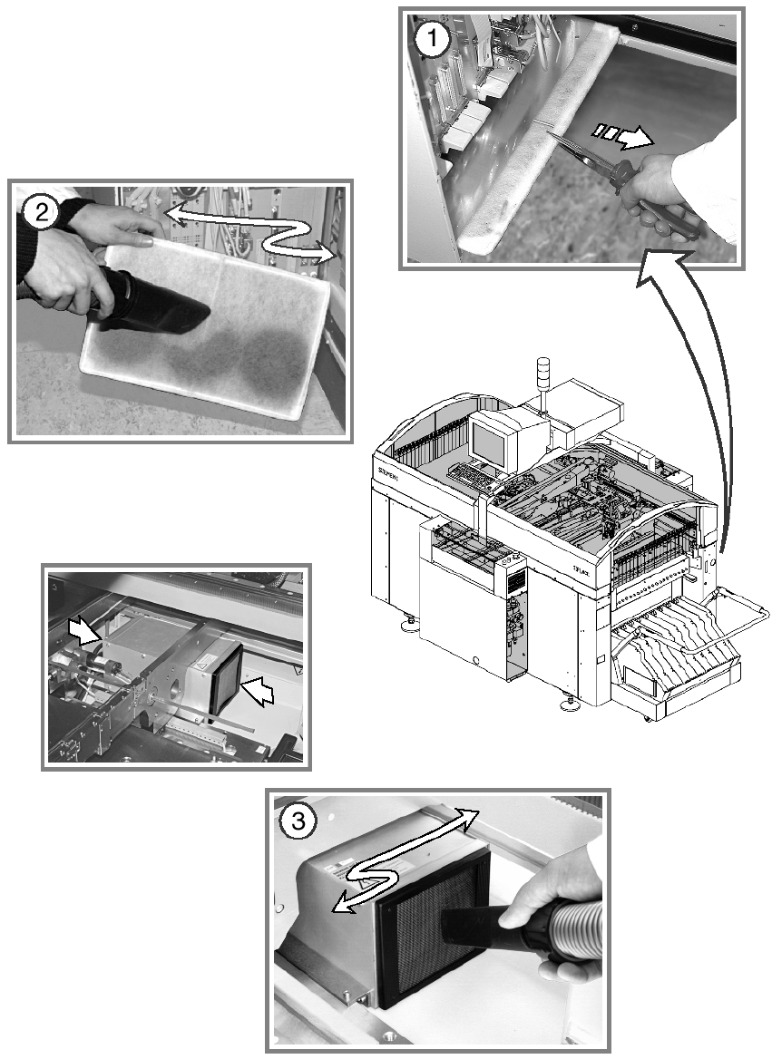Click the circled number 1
pos(432,40)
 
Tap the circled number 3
pos(298,821)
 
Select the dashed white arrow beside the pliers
pos(623,136)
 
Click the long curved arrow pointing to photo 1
pos(699,390)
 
